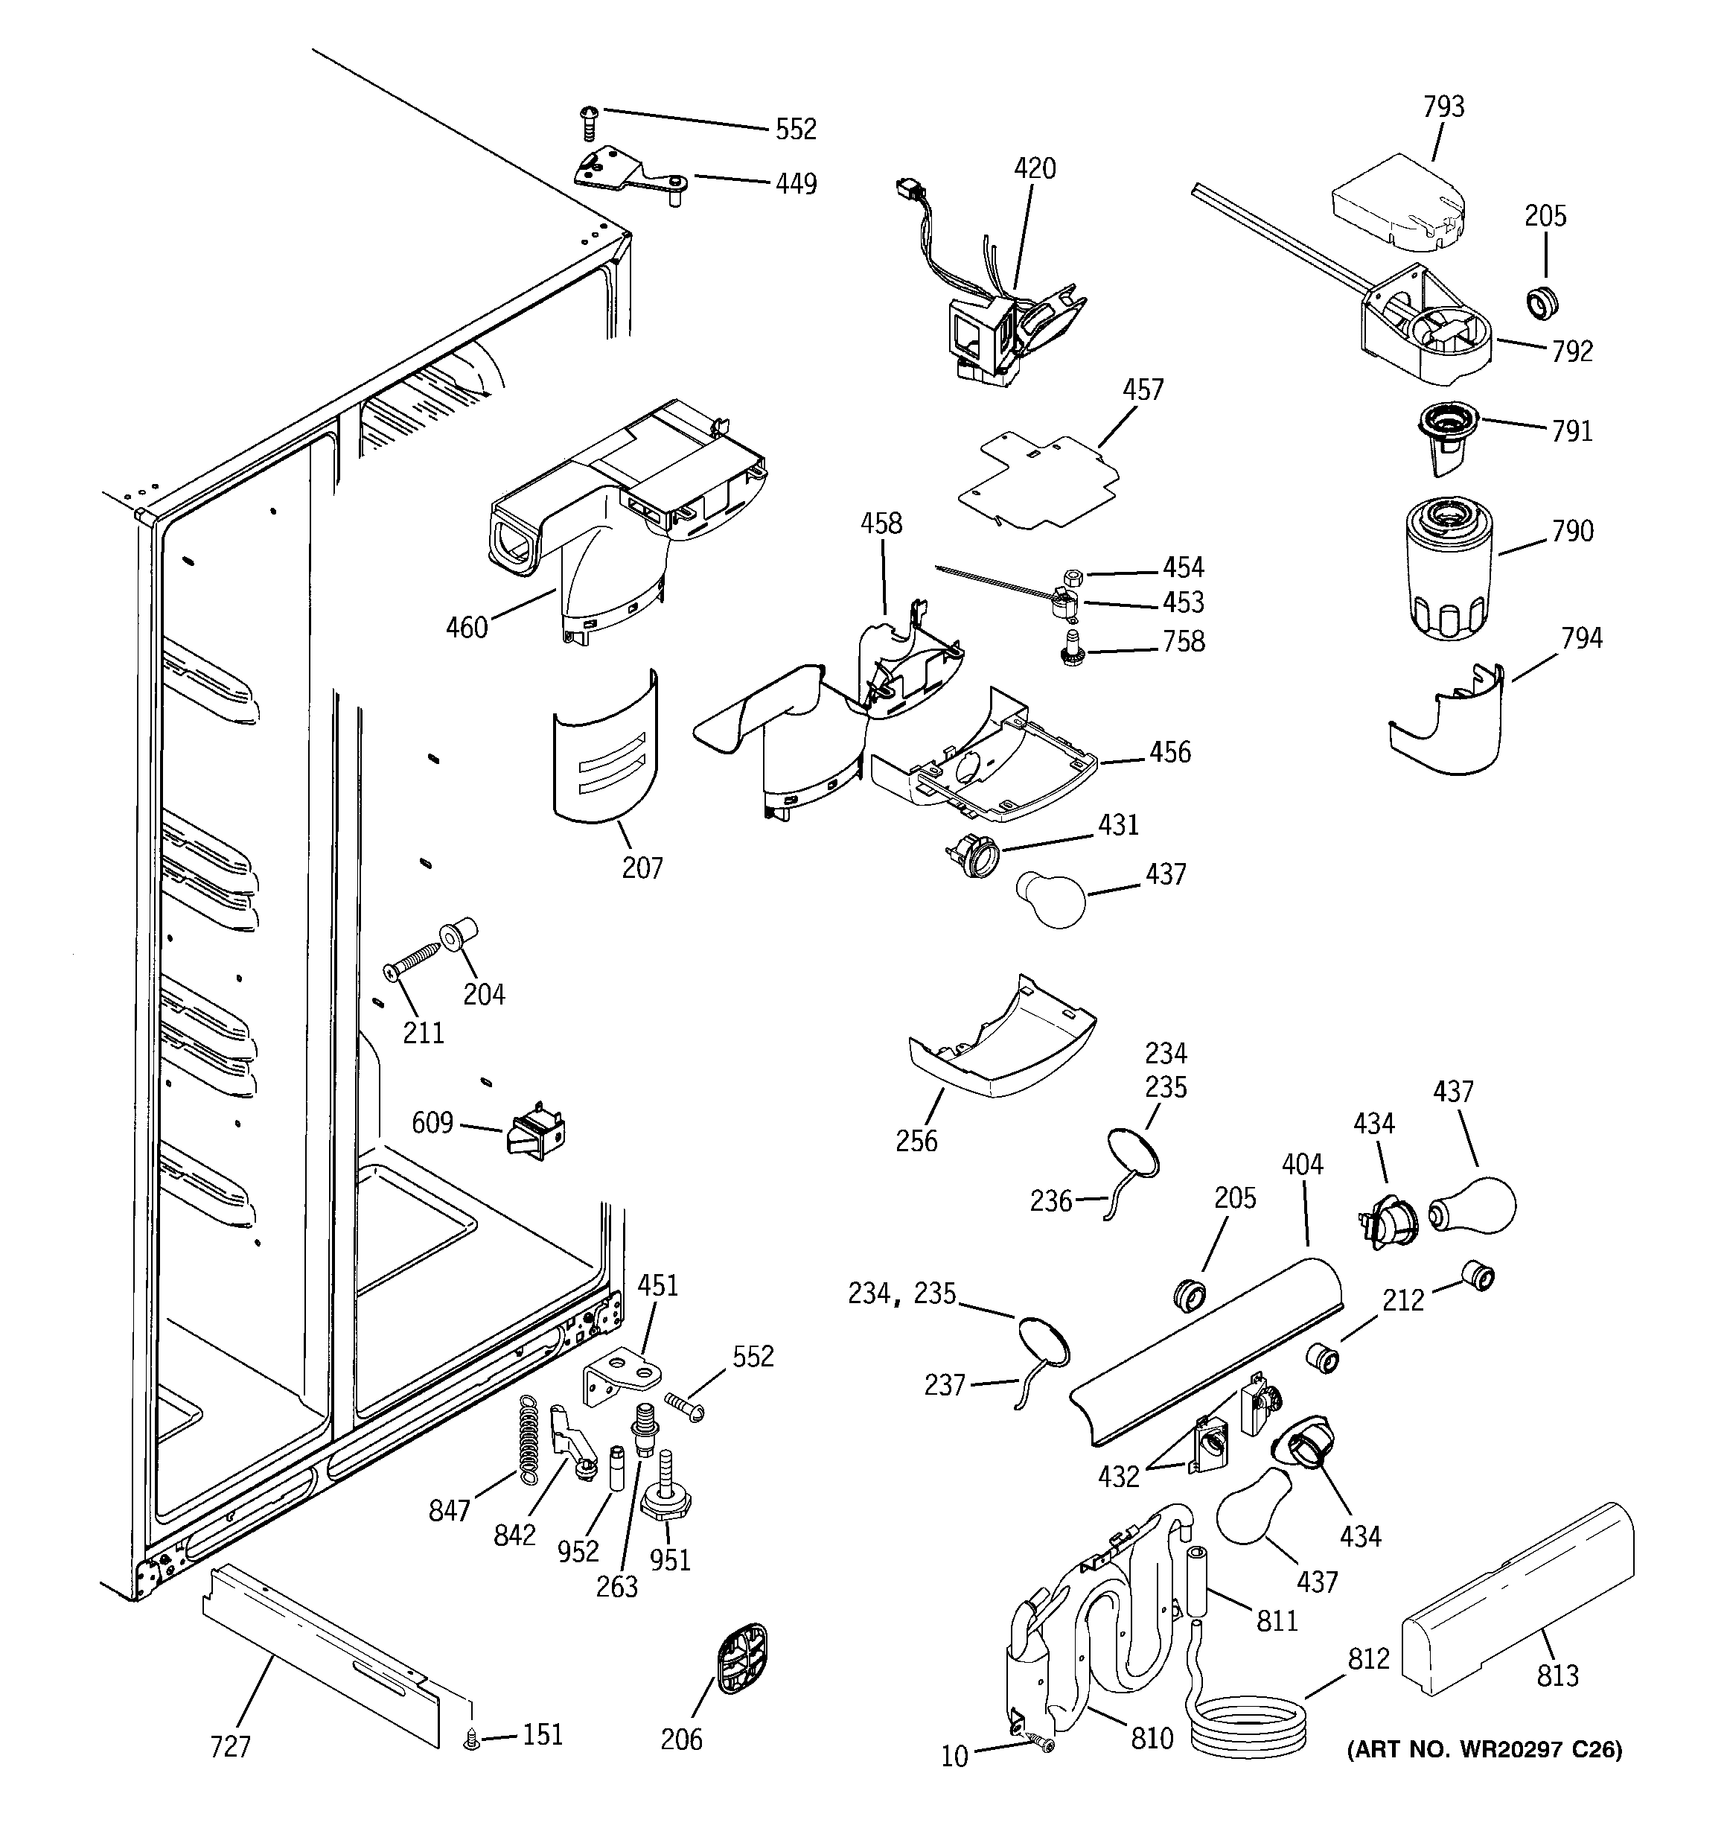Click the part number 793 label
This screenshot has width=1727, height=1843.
click(1443, 107)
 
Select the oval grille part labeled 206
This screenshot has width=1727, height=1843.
click(742, 1658)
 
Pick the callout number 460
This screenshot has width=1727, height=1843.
click(466, 628)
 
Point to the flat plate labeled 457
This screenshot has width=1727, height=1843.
click(1038, 480)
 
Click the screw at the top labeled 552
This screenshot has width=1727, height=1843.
click(587, 122)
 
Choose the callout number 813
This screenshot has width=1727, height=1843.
click(1557, 1676)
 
